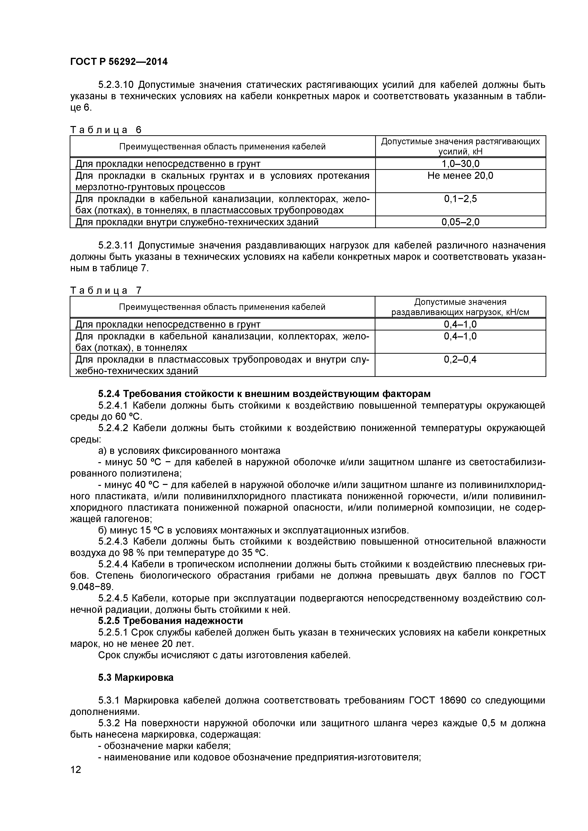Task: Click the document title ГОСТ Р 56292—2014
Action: (119, 62)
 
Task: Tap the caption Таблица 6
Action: (106, 130)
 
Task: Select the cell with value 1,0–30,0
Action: (460, 164)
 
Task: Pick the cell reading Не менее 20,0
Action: (460, 176)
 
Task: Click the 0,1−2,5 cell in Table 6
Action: (460, 199)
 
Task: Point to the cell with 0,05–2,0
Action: (460, 222)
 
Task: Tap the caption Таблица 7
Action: (106, 290)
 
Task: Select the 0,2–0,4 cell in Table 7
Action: (460, 359)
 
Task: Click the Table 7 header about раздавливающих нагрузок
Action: (460, 307)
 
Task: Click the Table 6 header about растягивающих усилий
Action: (460, 146)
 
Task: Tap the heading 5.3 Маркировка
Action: (136, 677)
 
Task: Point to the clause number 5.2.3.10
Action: (116, 85)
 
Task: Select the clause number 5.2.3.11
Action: (116, 245)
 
